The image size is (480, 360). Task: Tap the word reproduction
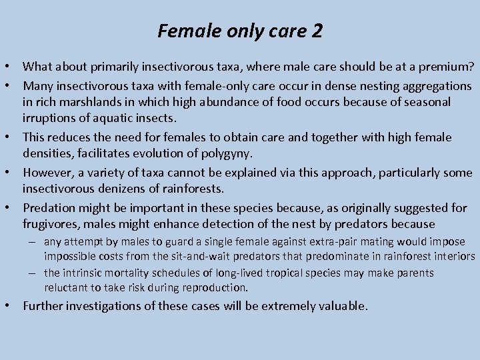[x=213, y=288]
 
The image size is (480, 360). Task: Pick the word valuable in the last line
[x=341, y=307]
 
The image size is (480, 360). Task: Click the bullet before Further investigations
[x=13, y=307]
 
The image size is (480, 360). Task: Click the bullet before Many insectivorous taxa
[x=13, y=86]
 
